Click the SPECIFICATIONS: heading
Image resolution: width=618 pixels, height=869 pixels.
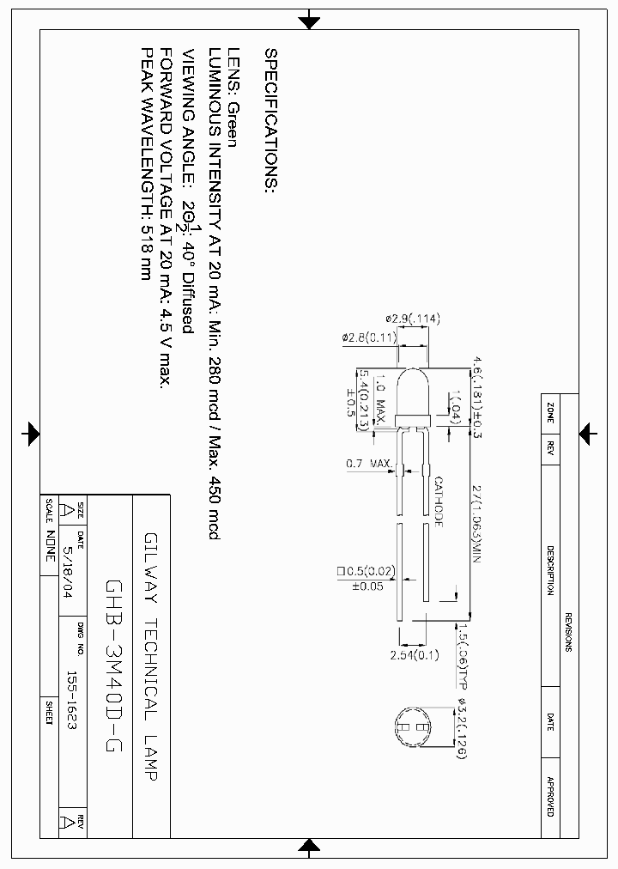coord(271,121)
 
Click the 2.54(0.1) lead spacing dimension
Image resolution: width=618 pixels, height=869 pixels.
coord(414,655)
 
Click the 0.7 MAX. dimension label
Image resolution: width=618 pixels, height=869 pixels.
coord(369,464)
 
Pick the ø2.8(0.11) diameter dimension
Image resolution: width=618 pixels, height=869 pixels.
coord(369,338)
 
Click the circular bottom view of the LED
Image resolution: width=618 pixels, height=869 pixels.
coord(415,727)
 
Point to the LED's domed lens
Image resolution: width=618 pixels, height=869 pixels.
coord(412,391)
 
